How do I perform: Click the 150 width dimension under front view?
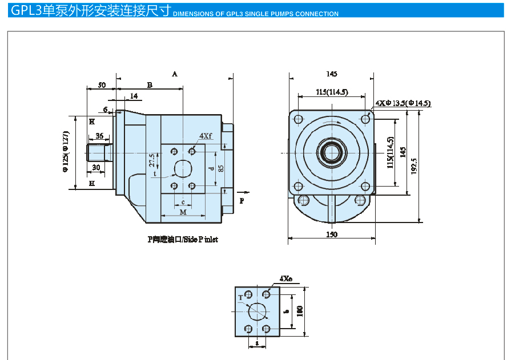pyautogui.click(x=332, y=234)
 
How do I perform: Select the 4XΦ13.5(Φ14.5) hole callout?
pyautogui.click(x=403, y=103)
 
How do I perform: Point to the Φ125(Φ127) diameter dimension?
pyautogui.click(x=66, y=151)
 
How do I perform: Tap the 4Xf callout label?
pyautogui.click(x=206, y=136)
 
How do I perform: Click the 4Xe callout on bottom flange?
pyautogui.click(x=285, y=279)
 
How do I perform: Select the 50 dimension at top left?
pyautogui.click(x=101, y=85)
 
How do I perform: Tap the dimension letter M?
pyautogui.click(x=183, y=212)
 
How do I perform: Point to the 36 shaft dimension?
pyautogui.click(x=99, y=136)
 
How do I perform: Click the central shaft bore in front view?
pyautogui.click(x=332, y=152)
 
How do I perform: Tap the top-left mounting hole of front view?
pyautogui.click(x=298, y=119)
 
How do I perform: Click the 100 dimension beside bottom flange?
pyautogui.click(x=299, y=311)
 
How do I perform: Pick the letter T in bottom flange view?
pyautogui.click(x=240, y=298)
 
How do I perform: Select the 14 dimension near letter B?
pyautogui.click(x=134, y=96)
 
